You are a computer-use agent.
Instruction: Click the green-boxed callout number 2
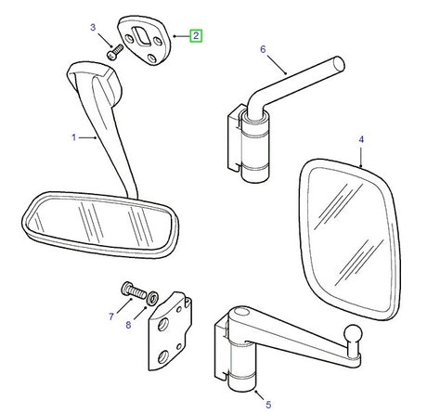tap(196, 36)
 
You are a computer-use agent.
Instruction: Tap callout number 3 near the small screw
tap(93, 27)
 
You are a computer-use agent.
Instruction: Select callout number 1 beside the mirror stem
tap(73, 137)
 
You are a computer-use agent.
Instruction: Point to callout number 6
tap(263, 49)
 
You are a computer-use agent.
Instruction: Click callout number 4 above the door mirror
tap(361, 139)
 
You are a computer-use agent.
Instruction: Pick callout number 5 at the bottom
tap(268, 404)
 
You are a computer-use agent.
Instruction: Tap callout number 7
tap(111, 316)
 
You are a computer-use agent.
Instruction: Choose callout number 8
tap(128, 325)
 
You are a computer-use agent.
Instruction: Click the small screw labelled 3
tap(115, 53)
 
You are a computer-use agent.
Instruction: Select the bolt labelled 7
tap(133, 290)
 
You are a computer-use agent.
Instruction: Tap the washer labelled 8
tap(152, 298)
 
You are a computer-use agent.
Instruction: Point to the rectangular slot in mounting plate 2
tap(141, 35)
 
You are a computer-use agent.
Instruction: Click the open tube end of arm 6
tap(339, 64)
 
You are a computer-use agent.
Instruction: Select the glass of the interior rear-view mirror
tap(99, 222)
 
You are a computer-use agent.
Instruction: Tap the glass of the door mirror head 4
tap(350, 239)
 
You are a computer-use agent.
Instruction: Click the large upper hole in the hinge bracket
tap(162, 325)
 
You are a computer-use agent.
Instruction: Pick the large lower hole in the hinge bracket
tap(163, 356)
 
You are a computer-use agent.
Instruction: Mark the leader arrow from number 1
tap(88, 137)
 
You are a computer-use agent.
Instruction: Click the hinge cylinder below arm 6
tap(255, 147)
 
